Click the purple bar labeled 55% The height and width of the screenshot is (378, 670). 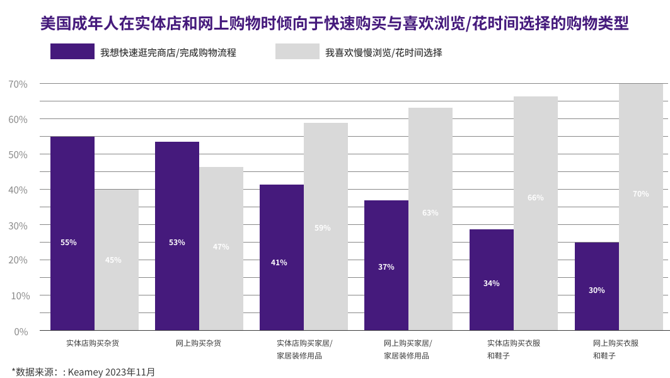pos(72,233)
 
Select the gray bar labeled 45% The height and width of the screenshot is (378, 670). pos(117,260)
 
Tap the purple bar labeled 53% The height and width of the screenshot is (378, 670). pos(177,236)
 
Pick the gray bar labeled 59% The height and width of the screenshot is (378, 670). pos(326,226)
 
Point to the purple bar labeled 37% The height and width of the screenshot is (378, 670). pos(386,265)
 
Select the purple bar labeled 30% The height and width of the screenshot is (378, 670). pos(597,286)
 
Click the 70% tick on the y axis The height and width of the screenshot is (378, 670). pos(18,84)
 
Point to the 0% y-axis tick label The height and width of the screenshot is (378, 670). pos(21,331)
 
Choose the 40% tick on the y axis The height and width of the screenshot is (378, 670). pos(18,190)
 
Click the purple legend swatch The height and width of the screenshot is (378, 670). pos(72,52)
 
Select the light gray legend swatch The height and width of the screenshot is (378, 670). pos(297,52)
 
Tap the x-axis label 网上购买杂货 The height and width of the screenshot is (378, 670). pos(199,343)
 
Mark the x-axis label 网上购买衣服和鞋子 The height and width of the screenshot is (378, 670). pos(616,349)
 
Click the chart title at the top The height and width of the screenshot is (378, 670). pos(335,24)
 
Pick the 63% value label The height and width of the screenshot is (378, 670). pos(430,213)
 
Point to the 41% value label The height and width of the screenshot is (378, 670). pos(279,263)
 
